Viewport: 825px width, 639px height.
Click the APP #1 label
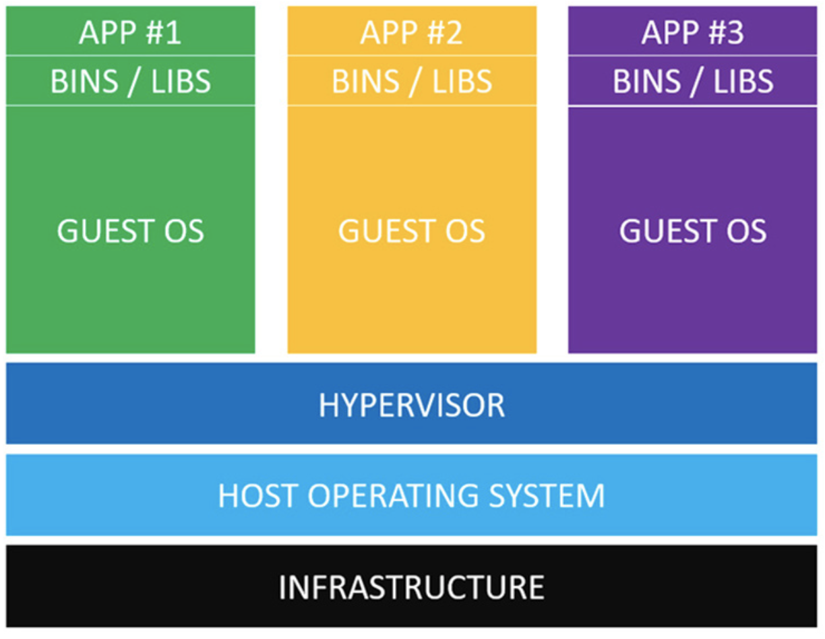coord(130,32)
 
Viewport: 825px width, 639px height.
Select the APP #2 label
coord(412,32)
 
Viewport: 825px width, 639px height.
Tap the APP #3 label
coord(692,32)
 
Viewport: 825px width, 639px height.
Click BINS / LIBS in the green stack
coord(130,82)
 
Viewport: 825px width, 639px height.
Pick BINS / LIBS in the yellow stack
coord(412,82)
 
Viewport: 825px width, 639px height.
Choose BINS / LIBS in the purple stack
coord(693,82)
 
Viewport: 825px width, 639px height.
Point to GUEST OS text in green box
coord(130,231)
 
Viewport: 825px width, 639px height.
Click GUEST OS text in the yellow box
coord(412,231)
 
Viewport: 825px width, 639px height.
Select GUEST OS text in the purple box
coord(693,231)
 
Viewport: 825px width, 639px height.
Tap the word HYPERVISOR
coord(412,406)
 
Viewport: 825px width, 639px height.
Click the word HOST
coord(257,495)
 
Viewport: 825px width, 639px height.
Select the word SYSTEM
coord(547,495)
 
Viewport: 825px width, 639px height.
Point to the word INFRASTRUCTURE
coord(412,587)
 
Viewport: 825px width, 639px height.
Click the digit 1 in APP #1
coord(173,32)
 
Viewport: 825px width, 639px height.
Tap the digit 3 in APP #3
coord(735,32)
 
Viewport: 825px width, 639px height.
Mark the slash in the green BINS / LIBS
coord(133,82)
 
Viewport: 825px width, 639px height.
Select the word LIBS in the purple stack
coord(743,82)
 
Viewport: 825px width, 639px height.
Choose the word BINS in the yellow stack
coord(365,82)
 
